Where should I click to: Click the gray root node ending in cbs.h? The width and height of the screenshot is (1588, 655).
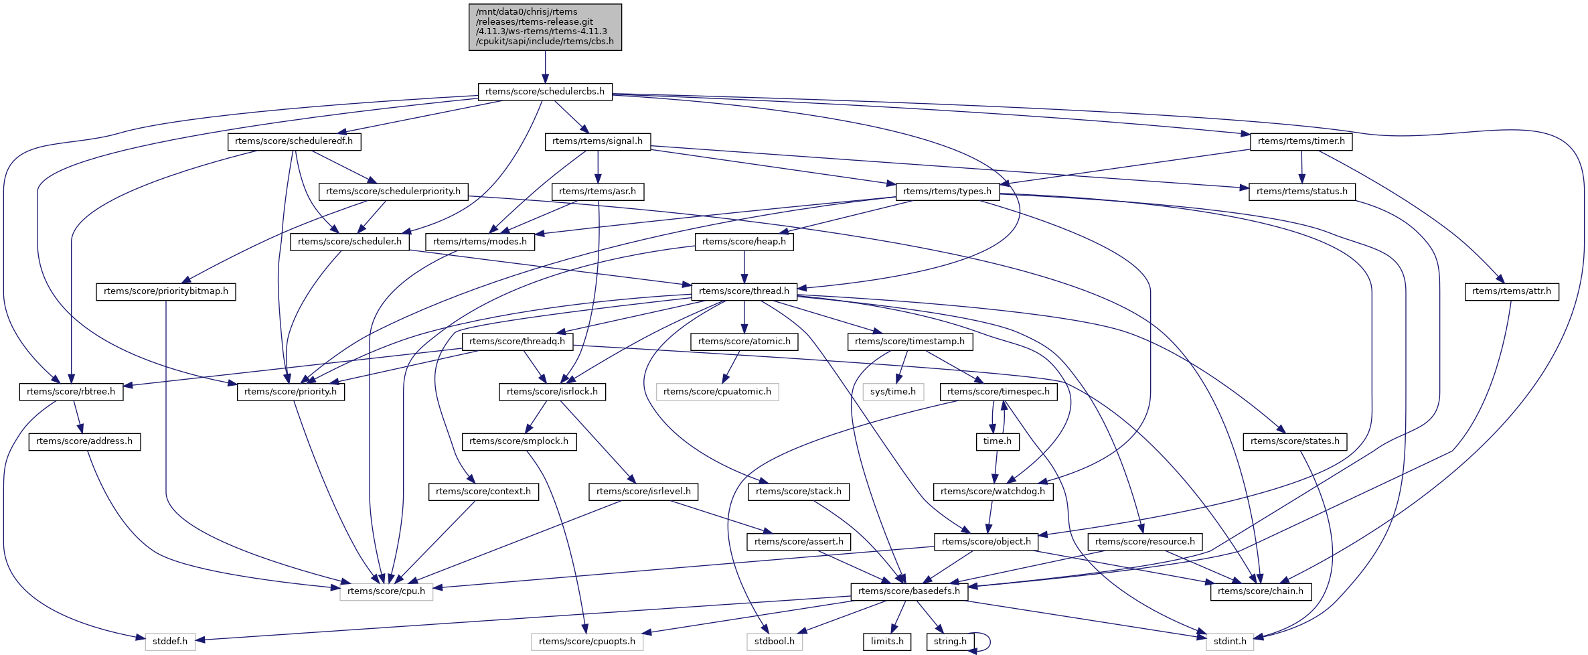tap(545, 27)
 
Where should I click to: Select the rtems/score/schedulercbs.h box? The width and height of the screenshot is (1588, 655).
tap(545, 92)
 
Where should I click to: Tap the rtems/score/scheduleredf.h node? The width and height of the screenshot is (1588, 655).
tap(294, 141)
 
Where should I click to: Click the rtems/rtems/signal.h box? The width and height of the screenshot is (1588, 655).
tap(598, 141)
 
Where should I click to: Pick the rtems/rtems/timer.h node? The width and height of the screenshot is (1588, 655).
tap(1301, 141)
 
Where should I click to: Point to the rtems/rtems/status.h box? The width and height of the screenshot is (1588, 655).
tap(1301, 192)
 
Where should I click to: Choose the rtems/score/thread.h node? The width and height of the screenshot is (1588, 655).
tap(744, 291)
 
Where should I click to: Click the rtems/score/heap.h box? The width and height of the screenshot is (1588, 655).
tap(744, 242)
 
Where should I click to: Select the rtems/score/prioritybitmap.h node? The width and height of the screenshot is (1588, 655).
tap(166, 291)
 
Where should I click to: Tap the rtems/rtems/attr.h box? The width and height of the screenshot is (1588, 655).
tap(1511, 291)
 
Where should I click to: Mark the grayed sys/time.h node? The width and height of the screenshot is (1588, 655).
tap(893, 392)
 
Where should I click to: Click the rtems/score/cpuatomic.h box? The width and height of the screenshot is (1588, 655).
tap(717, 392)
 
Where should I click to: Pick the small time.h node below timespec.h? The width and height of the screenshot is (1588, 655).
tap(997, 441)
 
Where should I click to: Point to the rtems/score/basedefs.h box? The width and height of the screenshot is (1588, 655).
tap(908, 591)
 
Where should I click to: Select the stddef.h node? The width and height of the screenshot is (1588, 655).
tap(170, 642)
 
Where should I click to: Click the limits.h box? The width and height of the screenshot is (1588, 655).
tap(887, 642)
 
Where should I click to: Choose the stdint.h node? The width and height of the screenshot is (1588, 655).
tap(1230, 642)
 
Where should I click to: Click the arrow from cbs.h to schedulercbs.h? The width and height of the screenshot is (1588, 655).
tap(545, 67)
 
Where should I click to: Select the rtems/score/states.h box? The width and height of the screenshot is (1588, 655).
tap(1295, 441)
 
